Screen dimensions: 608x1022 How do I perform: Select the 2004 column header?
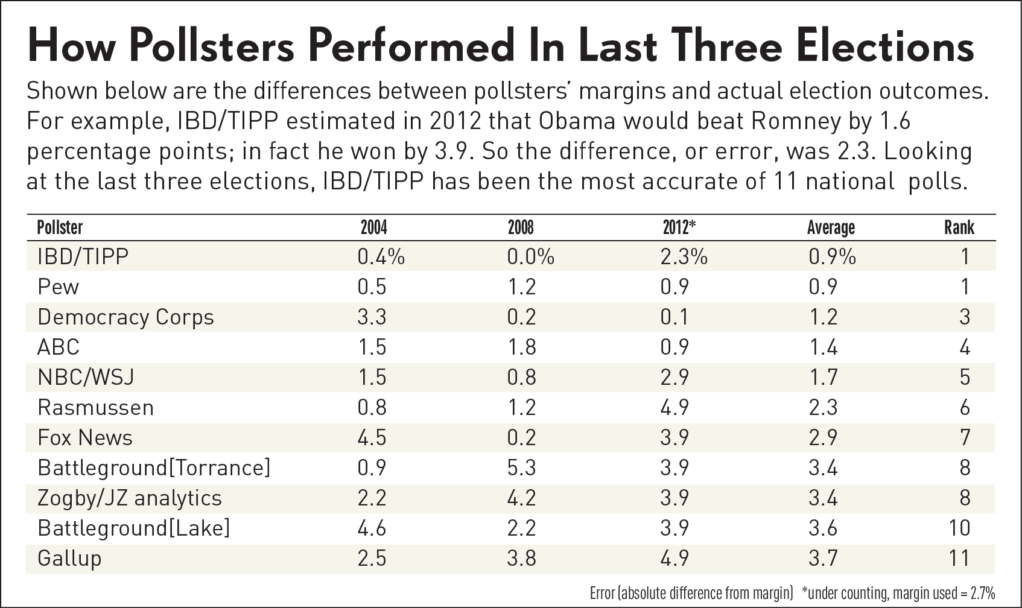point(373,227)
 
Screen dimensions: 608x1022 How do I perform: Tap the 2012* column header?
point(679,227)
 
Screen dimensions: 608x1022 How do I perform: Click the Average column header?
point(831,227)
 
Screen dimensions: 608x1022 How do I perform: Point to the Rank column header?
point(959,227)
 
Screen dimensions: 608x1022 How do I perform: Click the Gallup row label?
point(69,558)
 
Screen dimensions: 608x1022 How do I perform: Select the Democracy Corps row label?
point(125,317)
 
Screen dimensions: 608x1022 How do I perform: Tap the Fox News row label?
point(85,437)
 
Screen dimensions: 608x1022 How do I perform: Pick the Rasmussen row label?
point(95,407)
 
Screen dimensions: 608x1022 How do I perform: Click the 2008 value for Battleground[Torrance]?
point(521,467)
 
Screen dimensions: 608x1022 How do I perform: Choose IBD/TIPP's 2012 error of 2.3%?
point(684,256)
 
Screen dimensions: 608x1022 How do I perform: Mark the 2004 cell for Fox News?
point(372,437)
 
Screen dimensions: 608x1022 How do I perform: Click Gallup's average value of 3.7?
point(823,558)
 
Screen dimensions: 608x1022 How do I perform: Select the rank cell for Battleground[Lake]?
point(959,528)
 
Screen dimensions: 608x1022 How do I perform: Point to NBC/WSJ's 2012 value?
point(674,377)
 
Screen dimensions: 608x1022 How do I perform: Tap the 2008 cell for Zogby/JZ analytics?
point(521,498)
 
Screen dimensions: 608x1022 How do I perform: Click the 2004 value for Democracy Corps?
point(372,317)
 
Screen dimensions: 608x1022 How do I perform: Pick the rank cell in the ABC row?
point(964,347)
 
